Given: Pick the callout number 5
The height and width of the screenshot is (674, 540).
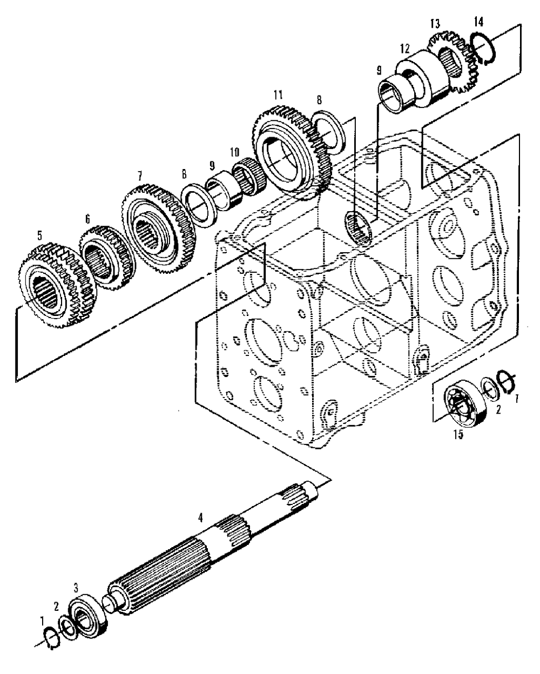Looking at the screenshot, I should [38, 235].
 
